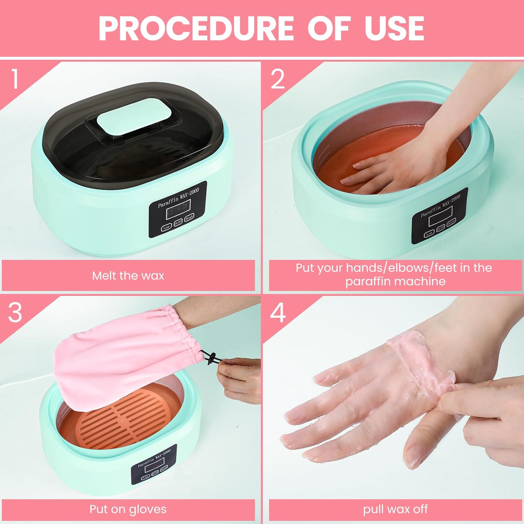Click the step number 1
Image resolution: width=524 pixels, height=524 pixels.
click(x=14, y=79)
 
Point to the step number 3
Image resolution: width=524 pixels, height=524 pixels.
click(x=15, y=312)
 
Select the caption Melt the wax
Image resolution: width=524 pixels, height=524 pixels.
click(x=128, y=276)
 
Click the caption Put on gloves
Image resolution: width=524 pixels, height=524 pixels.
click(x=128, y=509)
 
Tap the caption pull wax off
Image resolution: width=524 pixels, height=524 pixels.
click(x=395, y=509)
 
